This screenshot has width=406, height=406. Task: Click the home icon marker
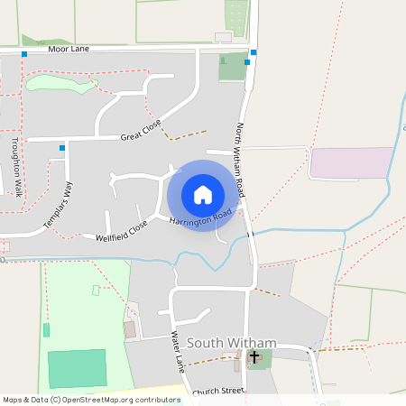[203, 194]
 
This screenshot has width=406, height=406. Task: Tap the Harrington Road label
[200, 217]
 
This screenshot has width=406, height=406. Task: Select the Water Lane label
[178, 352]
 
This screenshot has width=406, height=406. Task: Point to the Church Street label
[218, 392]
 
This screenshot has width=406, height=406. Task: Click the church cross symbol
[254, 357]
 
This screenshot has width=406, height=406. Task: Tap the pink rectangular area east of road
[352, 162]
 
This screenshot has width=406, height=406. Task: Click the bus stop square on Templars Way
[62, 148]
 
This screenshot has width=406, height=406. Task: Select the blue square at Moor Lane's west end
[24, 54]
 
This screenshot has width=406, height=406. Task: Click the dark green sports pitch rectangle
[77, 368]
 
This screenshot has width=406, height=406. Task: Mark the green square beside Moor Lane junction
[232, 66]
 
